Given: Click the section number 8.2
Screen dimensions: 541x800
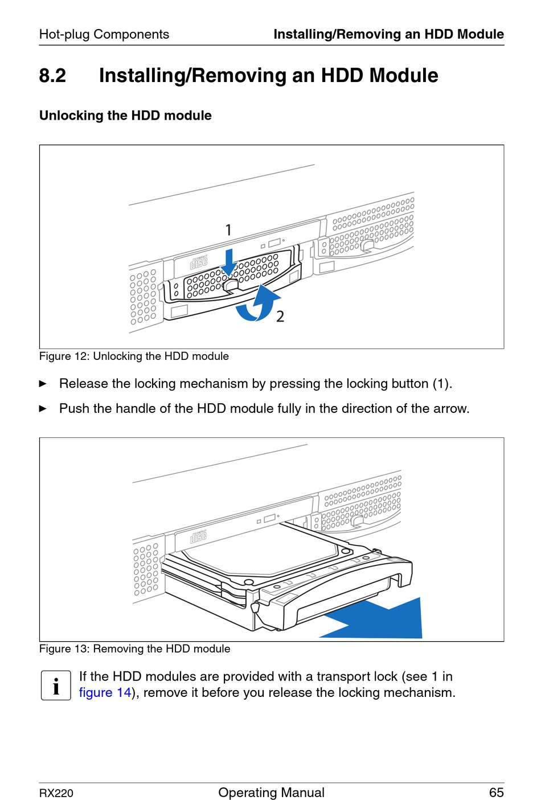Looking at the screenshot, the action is tap(52, 76).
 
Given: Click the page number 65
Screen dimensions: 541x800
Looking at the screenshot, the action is tap(496, 793).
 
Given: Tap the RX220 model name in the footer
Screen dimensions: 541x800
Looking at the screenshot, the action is tap(56, 793).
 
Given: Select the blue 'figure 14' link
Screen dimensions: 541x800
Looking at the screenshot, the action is tap(105, 692).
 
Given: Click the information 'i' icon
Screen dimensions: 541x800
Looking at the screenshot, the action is tap(56, 686).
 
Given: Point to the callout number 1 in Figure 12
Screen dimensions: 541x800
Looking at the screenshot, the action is tap(228, 229).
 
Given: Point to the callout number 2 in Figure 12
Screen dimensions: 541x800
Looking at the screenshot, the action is tap(280, 317).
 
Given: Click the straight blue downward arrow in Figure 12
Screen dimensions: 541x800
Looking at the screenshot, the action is tap(228, 262).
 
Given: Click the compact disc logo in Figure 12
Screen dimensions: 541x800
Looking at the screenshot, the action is tap(199, 262).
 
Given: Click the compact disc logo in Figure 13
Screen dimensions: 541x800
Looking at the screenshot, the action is tap(198, 536).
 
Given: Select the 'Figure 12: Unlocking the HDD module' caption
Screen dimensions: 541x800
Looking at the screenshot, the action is tap(134, 356).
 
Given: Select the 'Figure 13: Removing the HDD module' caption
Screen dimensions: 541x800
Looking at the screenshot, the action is tap(134, 649).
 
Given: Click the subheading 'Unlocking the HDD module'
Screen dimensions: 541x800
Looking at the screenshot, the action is tap(125, 116).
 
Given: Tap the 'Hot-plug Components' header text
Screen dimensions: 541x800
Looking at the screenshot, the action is tap(104, 34).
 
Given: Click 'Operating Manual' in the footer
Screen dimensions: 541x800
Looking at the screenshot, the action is tap(272, 793).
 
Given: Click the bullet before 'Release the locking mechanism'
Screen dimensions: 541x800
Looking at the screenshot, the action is tap(43, 384).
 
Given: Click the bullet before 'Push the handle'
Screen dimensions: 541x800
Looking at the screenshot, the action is tap(43, 409).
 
